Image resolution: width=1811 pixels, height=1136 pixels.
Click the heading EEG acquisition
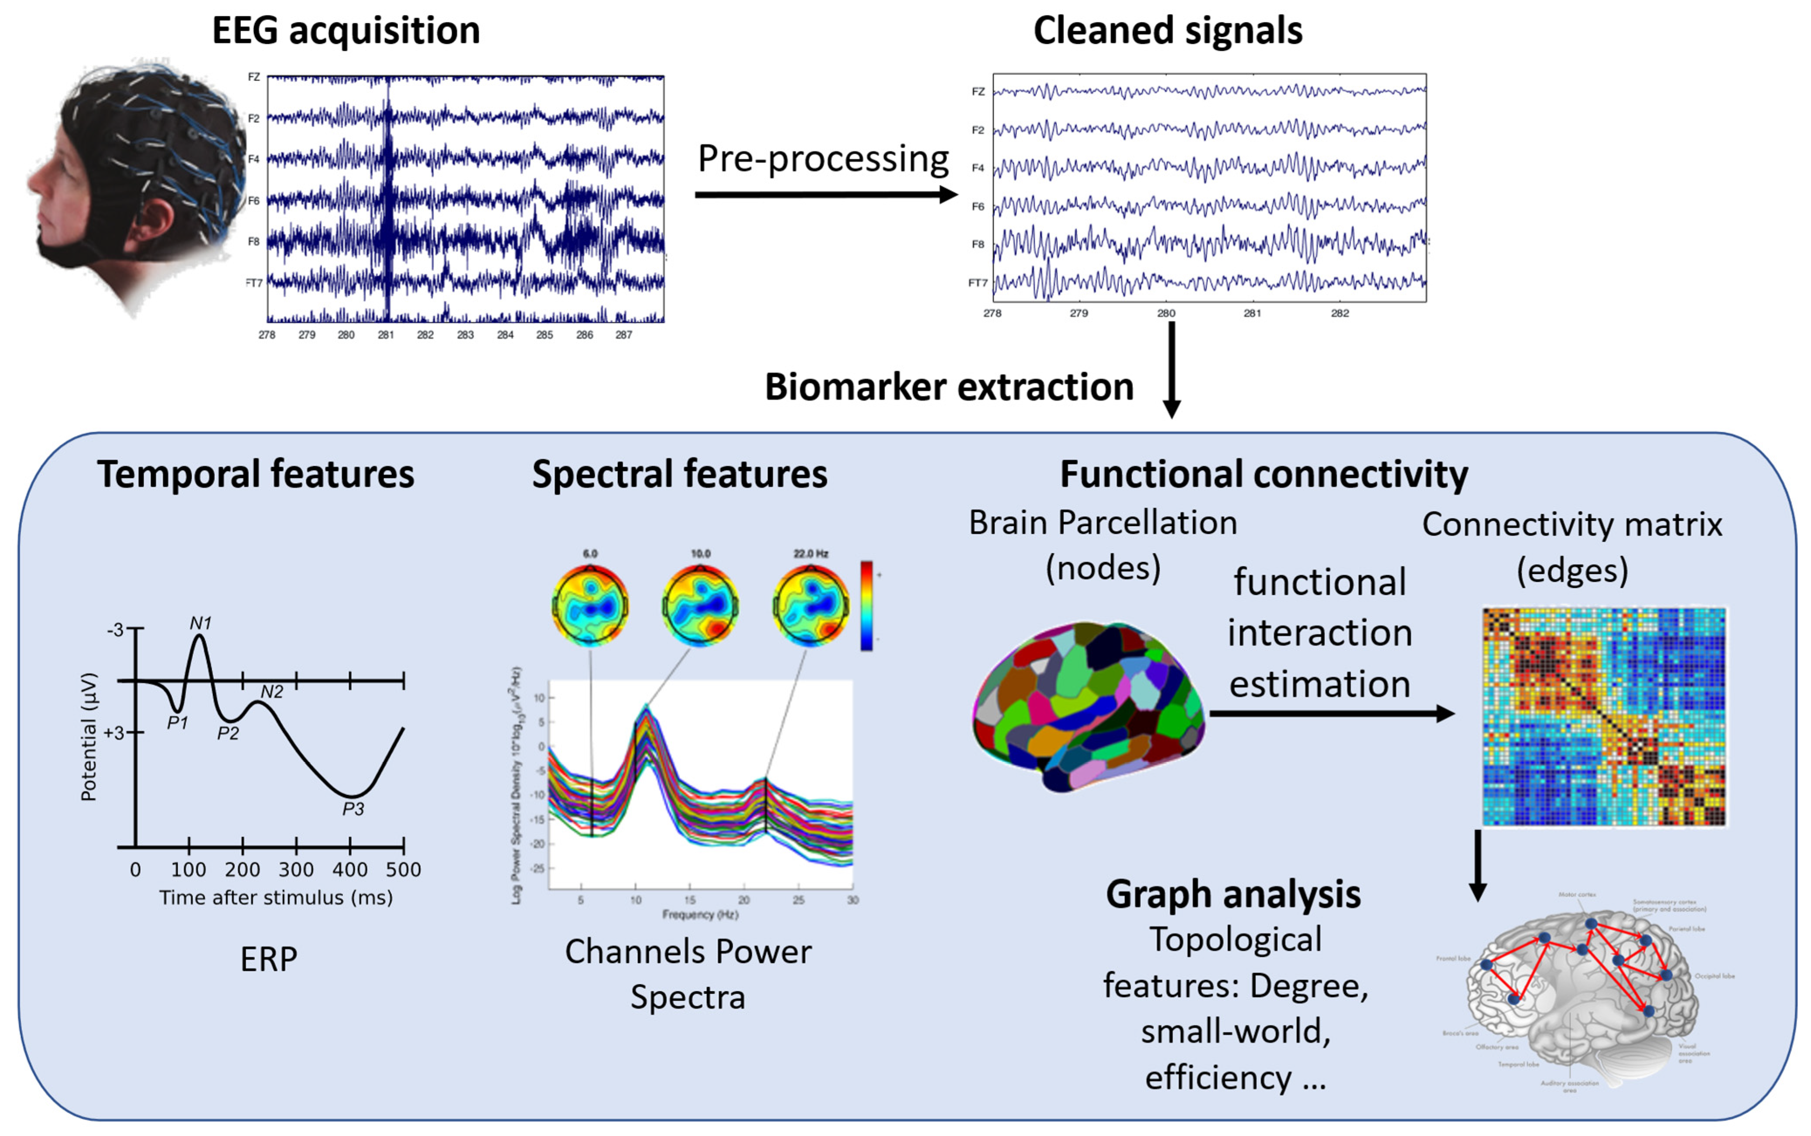(x=346, y=31)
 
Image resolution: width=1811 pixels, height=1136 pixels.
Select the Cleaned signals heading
(x=1167, y=31)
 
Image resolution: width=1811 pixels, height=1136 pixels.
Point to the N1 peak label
(x=201, y=623)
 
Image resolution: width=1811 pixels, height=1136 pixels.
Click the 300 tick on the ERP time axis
(x=296, y=869)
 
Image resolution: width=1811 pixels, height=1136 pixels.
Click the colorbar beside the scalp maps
(x=866, y=605)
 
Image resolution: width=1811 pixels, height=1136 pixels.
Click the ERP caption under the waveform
(x=268, y=959)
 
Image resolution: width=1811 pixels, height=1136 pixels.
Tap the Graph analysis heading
(x=1232, y=894)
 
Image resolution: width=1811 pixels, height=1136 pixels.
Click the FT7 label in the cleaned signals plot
(x=977, y=283)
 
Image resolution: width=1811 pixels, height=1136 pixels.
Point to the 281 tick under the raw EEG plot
(x=385, y=335)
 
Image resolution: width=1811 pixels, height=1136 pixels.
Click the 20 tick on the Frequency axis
(x=743, y=900)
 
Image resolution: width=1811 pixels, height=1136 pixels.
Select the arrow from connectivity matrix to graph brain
(x=1478, y=864)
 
